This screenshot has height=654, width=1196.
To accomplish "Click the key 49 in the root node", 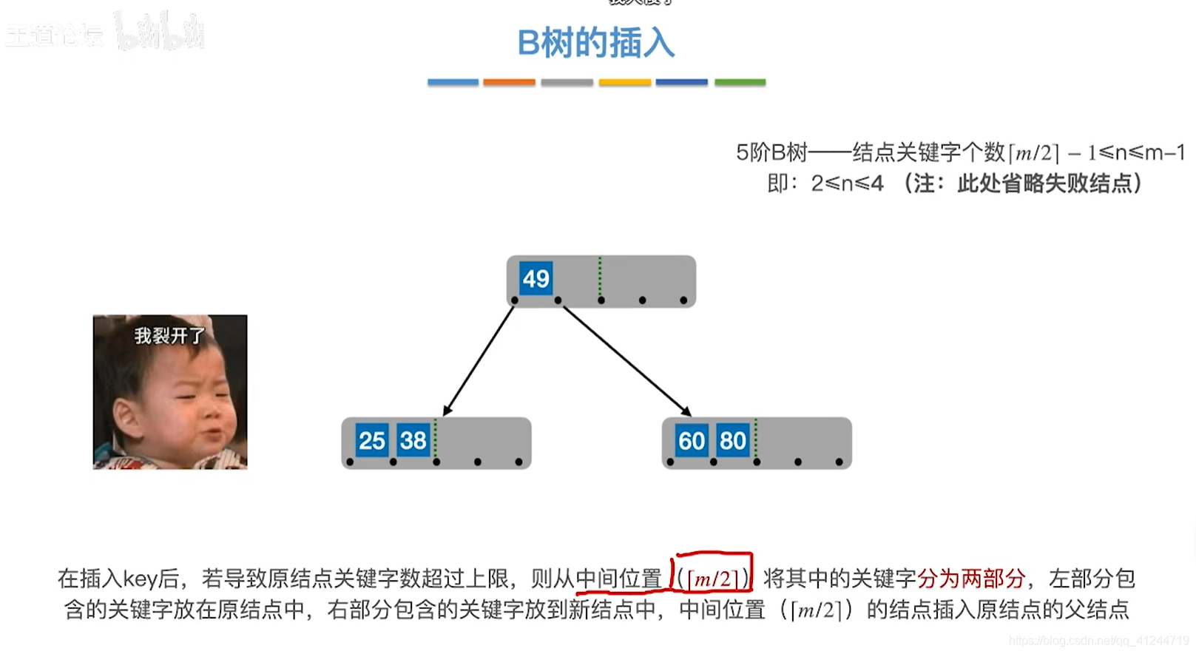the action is click(536, 278).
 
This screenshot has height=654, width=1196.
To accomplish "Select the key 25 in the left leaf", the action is click(371, 441).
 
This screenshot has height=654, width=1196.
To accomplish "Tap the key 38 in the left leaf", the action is click(413, 441).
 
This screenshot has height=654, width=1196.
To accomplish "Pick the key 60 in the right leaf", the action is click(692, 441).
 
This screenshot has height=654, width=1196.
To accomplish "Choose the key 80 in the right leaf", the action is click(732, 441).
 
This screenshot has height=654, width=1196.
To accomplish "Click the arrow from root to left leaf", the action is click(479, 360).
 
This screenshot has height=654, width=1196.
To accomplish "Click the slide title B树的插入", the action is click(595, 43).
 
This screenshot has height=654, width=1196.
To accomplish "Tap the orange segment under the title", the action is click(509, 82).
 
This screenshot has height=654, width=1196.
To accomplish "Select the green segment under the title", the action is click(740, 82).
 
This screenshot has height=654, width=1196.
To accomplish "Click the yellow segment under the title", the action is click(624, 82).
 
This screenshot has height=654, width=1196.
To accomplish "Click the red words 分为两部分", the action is click(970, 578).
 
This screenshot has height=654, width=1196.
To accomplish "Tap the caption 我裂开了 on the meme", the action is click(169, 336).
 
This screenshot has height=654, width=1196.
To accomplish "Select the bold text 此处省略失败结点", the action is click(1044, 183).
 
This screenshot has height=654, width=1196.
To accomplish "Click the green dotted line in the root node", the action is click(600, 277).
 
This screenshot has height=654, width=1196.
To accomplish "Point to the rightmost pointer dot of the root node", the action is click(683, 300).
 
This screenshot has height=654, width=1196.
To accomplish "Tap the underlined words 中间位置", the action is click(618, 578).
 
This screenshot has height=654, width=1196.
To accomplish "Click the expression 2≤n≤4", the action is click(847, 183).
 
